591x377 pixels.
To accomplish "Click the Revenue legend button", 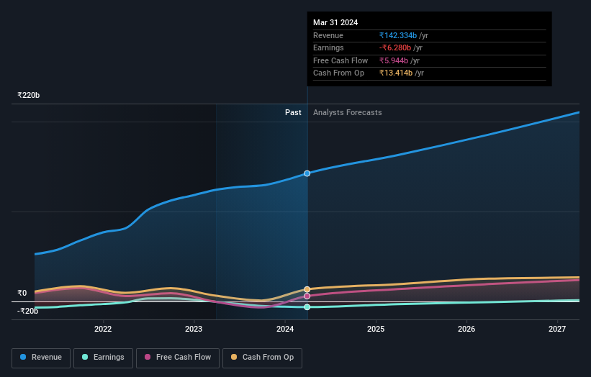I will click(x=41, y=357).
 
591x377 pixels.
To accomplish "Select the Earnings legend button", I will click(x=102, y=357).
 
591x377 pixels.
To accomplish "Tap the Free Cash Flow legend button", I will click(x=178, y=357).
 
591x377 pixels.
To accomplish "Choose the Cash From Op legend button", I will click(x=262, y=357).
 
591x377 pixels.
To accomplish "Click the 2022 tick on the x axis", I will click(x=103, y=330).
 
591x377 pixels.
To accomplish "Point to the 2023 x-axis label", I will click(x=194, y=330).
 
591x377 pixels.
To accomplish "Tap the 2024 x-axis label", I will click(x=285, y=330).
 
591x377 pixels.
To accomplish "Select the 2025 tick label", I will click(x=376, y=330).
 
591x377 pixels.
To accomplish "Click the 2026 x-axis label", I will click(x=466, y=330).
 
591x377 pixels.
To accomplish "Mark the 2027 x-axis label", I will click(x=557, y=330).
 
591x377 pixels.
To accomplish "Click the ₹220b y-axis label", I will click(x=29, y=95).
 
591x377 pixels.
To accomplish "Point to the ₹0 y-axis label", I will click(x=22, y=293).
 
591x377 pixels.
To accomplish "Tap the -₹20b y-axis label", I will click(x=27, y=311).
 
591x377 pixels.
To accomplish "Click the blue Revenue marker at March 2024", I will click(x=307, y=173).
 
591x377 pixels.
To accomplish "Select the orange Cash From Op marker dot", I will click(x=307, y=289).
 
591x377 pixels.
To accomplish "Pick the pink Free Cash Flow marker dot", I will click(x=307, y=296).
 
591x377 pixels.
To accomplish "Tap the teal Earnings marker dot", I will click(x=307, y=307).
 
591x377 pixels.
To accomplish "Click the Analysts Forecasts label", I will click(x=347, y=112).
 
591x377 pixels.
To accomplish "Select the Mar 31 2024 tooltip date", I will click(x=335, y=22).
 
